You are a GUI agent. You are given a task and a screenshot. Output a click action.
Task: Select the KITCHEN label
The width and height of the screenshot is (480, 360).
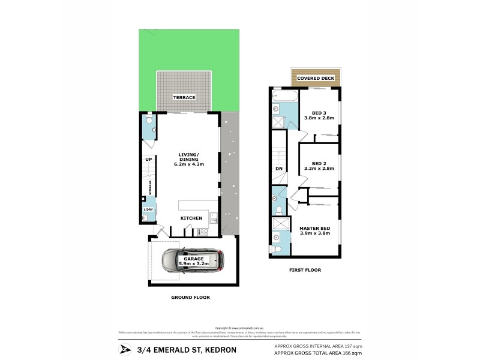click(x=191, y=218)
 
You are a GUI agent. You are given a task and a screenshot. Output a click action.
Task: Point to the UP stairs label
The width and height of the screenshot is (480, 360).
click(x=147, y=159)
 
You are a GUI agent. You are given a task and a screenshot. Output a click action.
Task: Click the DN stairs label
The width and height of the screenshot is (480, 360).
click(x=278, y=169)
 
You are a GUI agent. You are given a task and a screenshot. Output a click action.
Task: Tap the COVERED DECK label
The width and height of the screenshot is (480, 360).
click(x=316, y=78)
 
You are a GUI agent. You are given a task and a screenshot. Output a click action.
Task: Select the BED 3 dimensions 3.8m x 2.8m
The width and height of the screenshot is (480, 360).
click(x=318, y=119)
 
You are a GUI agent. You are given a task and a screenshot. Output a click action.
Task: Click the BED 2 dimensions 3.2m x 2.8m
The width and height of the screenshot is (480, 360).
click(x=318, y=169)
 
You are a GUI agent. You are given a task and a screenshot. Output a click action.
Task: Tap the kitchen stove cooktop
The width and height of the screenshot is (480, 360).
click(x=203, y=232)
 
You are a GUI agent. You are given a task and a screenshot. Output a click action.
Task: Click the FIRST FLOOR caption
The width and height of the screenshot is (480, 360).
click(x=305, y=270)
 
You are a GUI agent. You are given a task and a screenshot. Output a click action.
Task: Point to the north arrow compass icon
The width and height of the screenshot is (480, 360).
click(x=125, y=350)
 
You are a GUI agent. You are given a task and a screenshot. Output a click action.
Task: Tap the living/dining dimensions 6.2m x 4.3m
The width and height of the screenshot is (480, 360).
click(x=190, y=164)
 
